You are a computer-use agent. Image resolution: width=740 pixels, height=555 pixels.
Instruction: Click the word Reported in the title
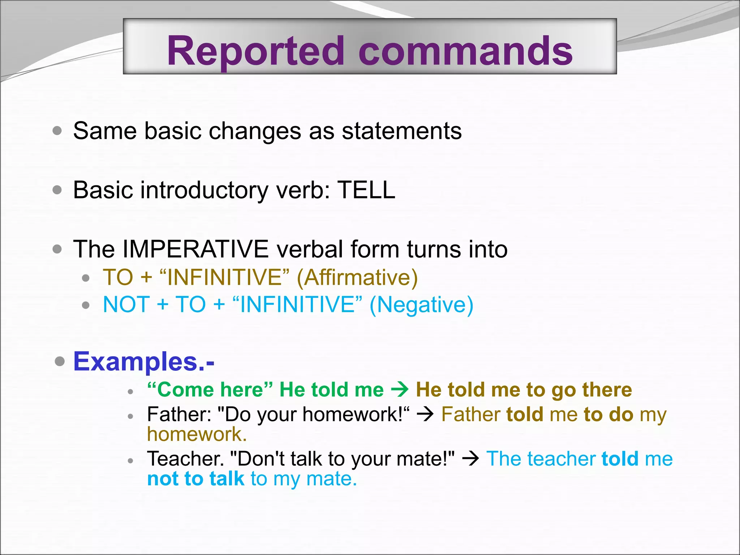[255, 51]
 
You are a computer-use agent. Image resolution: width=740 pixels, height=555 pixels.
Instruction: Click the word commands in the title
[465, 51]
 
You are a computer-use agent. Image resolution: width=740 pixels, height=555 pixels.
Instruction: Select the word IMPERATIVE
[195, 249]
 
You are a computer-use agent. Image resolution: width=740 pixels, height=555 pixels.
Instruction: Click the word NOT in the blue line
[126, 305]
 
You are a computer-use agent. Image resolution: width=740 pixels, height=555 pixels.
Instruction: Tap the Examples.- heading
[144, 361]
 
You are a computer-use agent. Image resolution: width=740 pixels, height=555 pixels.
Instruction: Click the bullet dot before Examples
[60, 361]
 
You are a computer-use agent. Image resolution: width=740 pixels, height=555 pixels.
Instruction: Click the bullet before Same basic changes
[57, 130]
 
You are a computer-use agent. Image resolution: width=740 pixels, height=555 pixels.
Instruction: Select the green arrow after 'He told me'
[400, 390]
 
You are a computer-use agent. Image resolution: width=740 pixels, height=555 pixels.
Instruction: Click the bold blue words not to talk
[195, 479]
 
